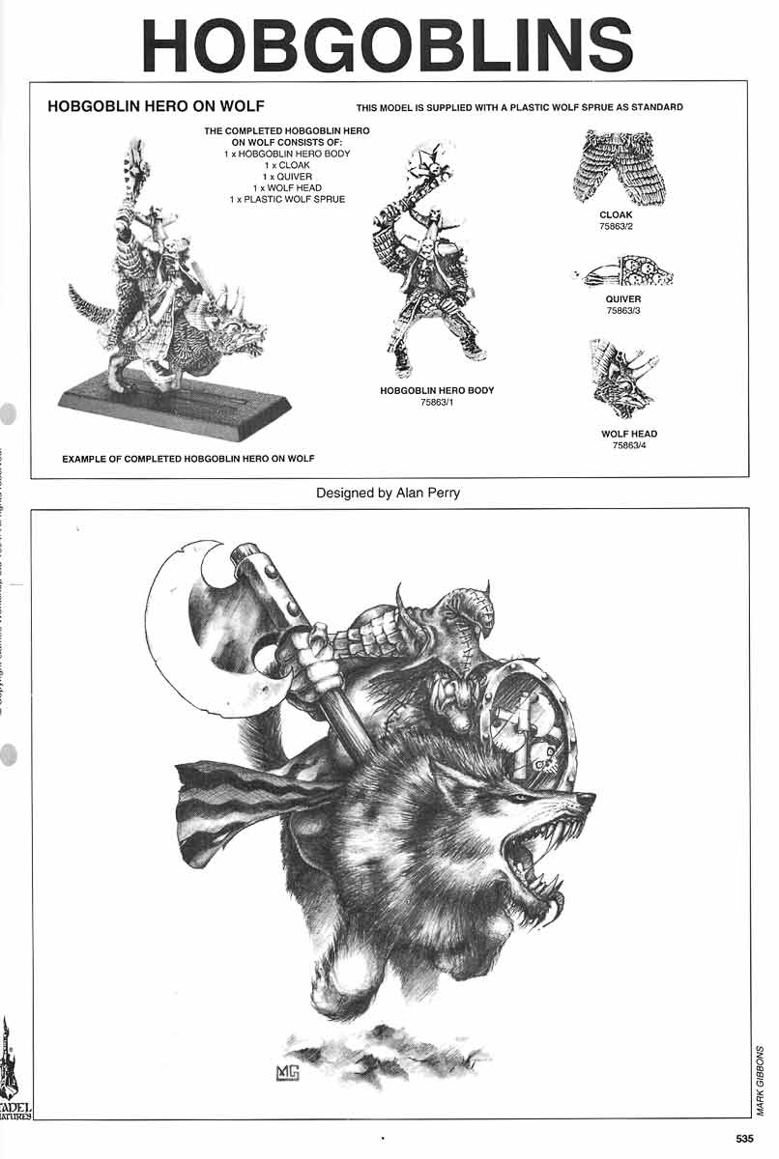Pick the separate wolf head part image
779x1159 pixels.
click(x=622, y=379)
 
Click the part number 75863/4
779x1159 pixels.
click(x=628, y=445)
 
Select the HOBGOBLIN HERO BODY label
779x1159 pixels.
click(x=437, y=390)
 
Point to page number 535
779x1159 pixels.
click(x=744, y=1139)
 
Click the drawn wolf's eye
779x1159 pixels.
click(x=521, y=797)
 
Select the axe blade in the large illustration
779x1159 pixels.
click(x=198, y=628)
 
